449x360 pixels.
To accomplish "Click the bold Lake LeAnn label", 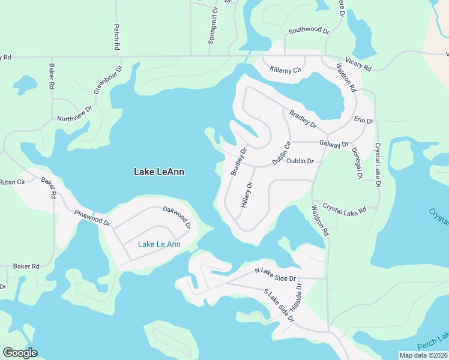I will (x=158, y=172).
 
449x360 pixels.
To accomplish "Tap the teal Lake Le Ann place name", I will (x=159, y=244).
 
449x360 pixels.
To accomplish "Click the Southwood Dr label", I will (x=309, y=30).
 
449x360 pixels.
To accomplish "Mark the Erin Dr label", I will (x=364, y=120).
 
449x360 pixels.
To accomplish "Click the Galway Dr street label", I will (x=334, y=145).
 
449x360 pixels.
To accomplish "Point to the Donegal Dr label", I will (x=358, y=163).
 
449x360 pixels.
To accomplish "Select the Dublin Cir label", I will (x=282, y=153).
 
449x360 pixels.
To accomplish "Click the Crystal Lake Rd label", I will (x=345, y=208).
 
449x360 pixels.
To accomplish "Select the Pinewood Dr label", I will (x=92, y=218).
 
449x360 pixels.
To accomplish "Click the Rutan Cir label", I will (x=13, y=182).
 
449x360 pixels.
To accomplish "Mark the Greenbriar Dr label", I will (x=107, y=79).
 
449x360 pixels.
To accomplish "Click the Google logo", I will (x=19, y=353).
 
